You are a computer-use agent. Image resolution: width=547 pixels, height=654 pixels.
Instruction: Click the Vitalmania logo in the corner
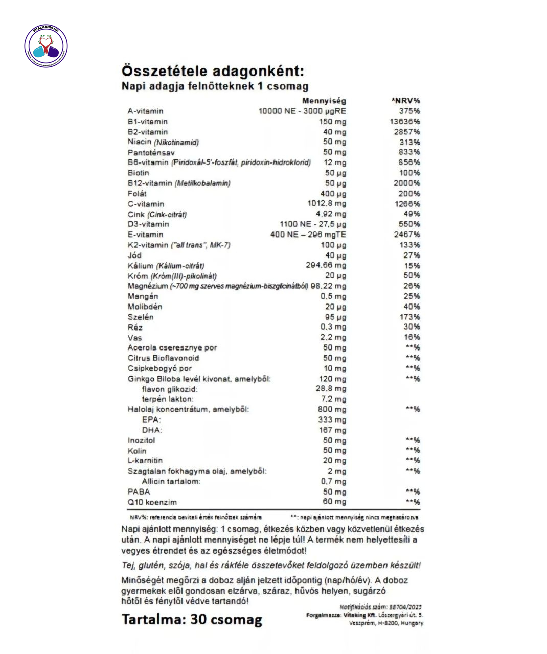click(x=46, y=46)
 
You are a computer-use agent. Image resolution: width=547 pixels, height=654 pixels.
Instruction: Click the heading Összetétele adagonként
click(x=212, y=71)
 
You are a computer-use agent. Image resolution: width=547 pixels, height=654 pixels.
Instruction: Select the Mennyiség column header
click(x=324, y=101)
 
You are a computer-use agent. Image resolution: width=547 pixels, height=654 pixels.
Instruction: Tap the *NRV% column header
click(x=405, y=101)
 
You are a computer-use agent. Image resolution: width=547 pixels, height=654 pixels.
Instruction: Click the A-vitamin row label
click(x=146, y=111)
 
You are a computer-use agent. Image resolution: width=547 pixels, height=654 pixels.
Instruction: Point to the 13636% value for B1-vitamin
click(x=405, y=122)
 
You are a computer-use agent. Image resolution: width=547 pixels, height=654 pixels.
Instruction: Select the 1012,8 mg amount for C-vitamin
click(x=327, y=203)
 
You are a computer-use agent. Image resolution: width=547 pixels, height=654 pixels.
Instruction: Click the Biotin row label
click(x=139, y=173)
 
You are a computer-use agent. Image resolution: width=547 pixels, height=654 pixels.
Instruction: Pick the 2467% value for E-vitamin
click(x=407, y=235)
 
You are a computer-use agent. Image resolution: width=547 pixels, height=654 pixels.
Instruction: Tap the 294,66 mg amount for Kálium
click(x=326, y=265)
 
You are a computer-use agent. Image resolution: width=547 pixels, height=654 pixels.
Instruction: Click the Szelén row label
click(x=141, y=317)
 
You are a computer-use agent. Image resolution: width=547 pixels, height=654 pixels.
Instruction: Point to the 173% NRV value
click(x=409, y=317)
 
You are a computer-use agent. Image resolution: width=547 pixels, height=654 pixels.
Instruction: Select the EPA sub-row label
click(x=151, y=419)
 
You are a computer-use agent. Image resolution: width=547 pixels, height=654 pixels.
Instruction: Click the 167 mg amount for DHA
click(x=332, y=430)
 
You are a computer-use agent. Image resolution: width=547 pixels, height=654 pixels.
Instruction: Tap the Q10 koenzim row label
click(x=152, y=502)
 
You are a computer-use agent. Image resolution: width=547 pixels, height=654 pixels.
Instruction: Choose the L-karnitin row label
click(x=145, y=461)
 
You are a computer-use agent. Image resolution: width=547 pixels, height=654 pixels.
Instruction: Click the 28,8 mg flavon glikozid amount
click(x=331, y=389)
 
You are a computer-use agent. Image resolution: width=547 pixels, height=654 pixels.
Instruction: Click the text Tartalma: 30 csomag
click(x=192, y=619)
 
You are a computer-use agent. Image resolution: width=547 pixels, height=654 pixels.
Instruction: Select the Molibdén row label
click(x=145, y=307)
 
